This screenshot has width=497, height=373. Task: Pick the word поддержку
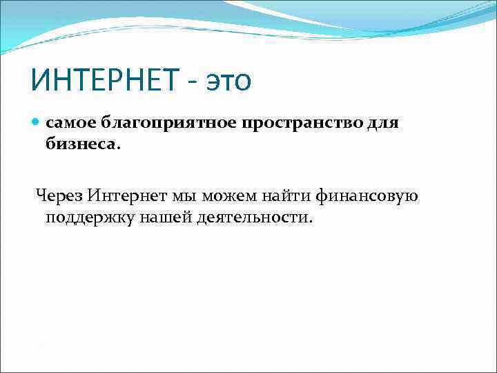(x=81, y=218)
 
